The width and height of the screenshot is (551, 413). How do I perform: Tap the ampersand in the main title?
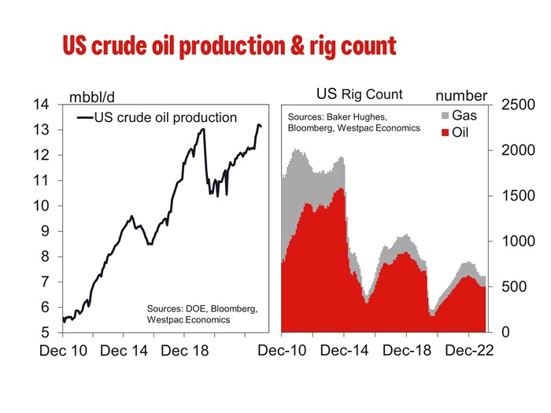[298, 46]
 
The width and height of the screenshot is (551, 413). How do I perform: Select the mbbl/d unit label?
[92, 98]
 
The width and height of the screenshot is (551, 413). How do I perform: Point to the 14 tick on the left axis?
[41, 105]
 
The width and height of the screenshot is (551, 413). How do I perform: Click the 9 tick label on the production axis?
[45, 231]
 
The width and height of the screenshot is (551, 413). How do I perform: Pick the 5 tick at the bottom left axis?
[45, 332]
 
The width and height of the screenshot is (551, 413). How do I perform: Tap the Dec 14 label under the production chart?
[124, 351]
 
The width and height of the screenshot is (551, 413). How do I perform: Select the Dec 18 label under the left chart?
[185, 351]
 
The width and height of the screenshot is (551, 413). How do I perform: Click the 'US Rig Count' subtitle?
[360, 94]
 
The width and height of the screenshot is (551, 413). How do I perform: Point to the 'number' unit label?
[461, 96]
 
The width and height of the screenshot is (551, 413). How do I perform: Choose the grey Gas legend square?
[446, 116]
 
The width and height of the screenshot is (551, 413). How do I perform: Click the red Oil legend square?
[446, 133]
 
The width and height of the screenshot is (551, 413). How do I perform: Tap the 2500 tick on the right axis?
[518, 105]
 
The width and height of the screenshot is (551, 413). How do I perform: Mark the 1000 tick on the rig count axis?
[518, 242]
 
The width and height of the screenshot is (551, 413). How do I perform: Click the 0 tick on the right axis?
[505, 332]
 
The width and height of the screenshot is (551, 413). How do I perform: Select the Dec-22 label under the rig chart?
[469, 351]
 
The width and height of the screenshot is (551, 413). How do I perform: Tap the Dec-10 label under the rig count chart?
[282, 351]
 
